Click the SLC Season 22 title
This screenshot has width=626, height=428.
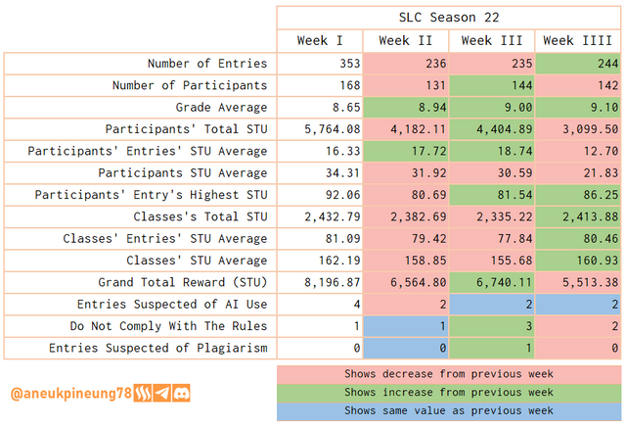[449, 18]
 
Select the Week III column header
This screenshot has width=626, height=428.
[491, 41]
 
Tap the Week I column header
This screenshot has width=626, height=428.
[320, 41]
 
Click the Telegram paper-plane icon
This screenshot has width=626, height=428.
[160, 394]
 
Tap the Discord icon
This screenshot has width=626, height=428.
[181, 394]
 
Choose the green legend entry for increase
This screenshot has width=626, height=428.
[449, 393]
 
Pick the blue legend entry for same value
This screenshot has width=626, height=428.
[449, 410]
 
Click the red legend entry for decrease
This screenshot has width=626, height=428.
[449, 374]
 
